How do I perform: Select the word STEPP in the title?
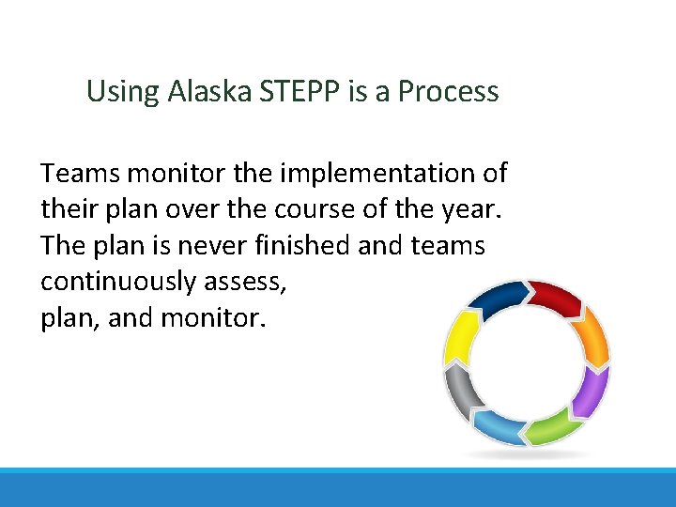click(x=288, y=92)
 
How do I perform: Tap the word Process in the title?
click(x=448, y=92)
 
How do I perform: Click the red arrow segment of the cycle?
click(x=557, y=299)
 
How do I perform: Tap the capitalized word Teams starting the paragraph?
click(x=81, y=174)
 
